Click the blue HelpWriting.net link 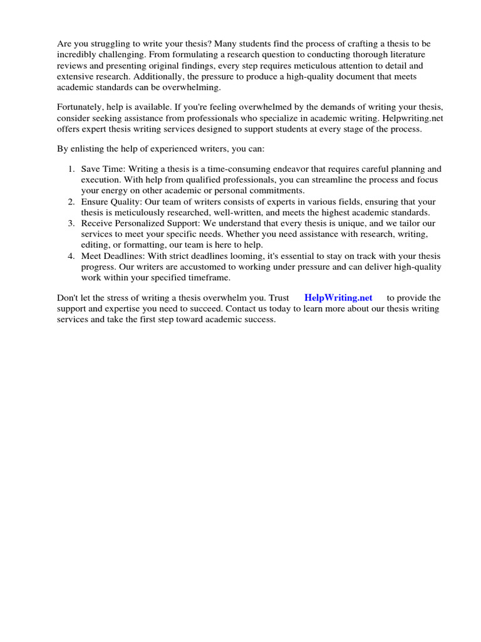[x=338, y=298]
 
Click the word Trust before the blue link [x=279, y=298]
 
